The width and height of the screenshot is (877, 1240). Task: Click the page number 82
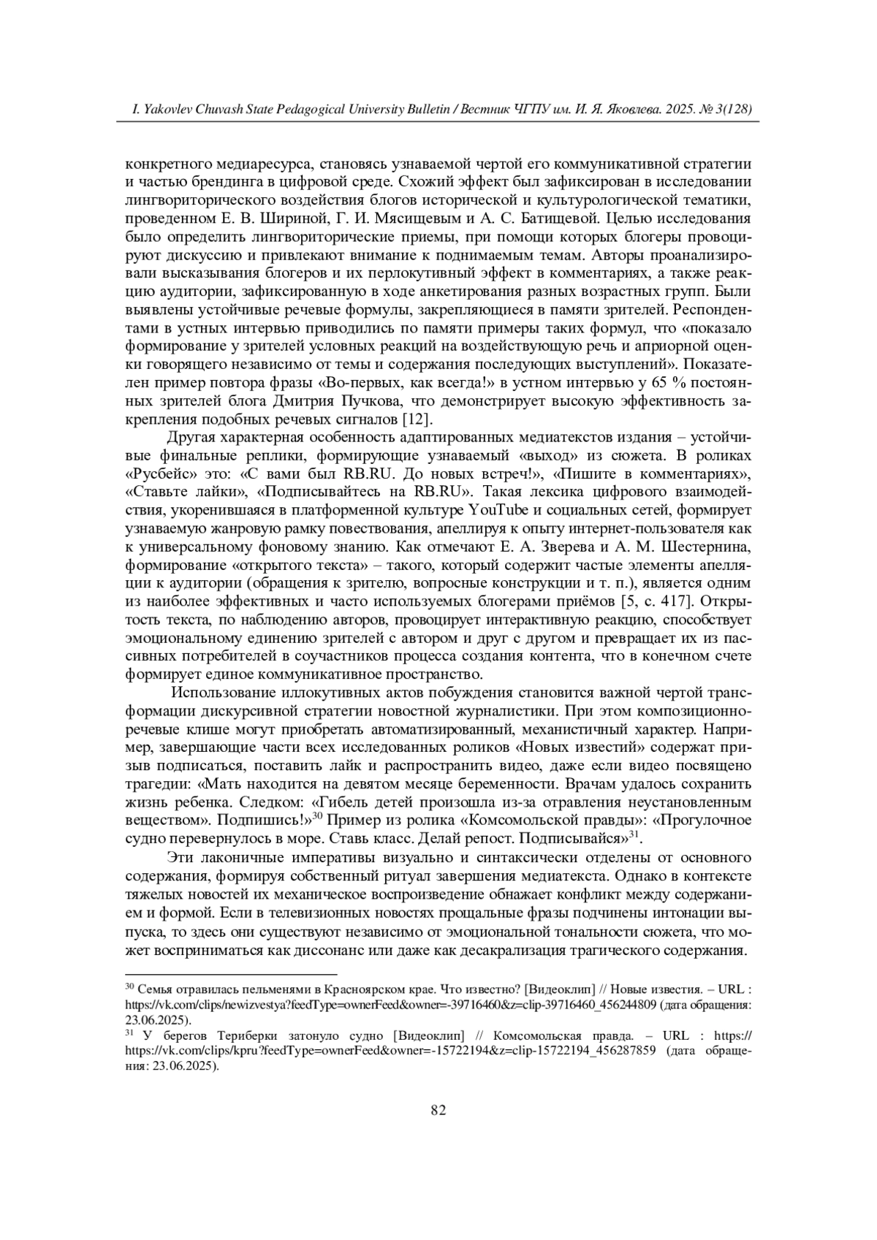coord(438,1110)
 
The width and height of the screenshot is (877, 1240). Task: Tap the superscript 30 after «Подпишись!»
coord(318,815)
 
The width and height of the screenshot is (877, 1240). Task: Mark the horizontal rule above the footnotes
coord(231,974)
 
